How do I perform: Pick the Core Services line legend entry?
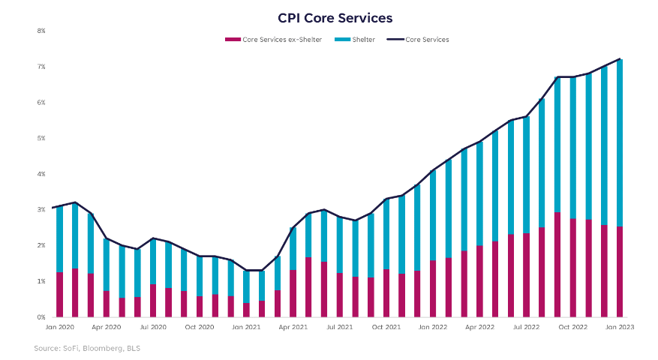tap(425, 40)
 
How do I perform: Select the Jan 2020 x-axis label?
tap(59, 328)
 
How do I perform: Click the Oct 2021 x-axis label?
tap(386, 328)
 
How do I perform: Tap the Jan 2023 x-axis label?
tap(620, 328)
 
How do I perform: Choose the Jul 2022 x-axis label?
tap(527, 328)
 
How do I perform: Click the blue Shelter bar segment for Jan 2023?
tap(620, 142)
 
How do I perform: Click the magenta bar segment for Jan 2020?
tap(59, 295)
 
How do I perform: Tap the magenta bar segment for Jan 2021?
tap(246, 310)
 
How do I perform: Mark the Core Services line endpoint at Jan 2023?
tap(620, 59)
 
